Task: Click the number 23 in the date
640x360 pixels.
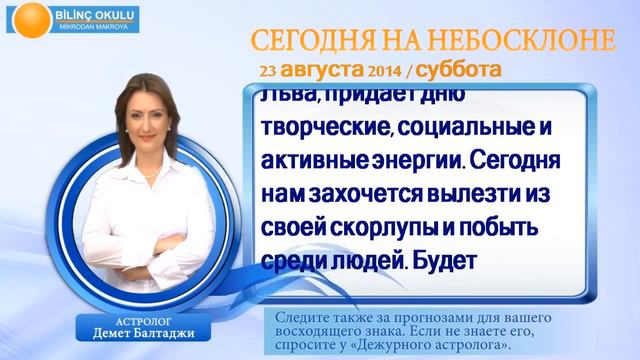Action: [x=267, y=72]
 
